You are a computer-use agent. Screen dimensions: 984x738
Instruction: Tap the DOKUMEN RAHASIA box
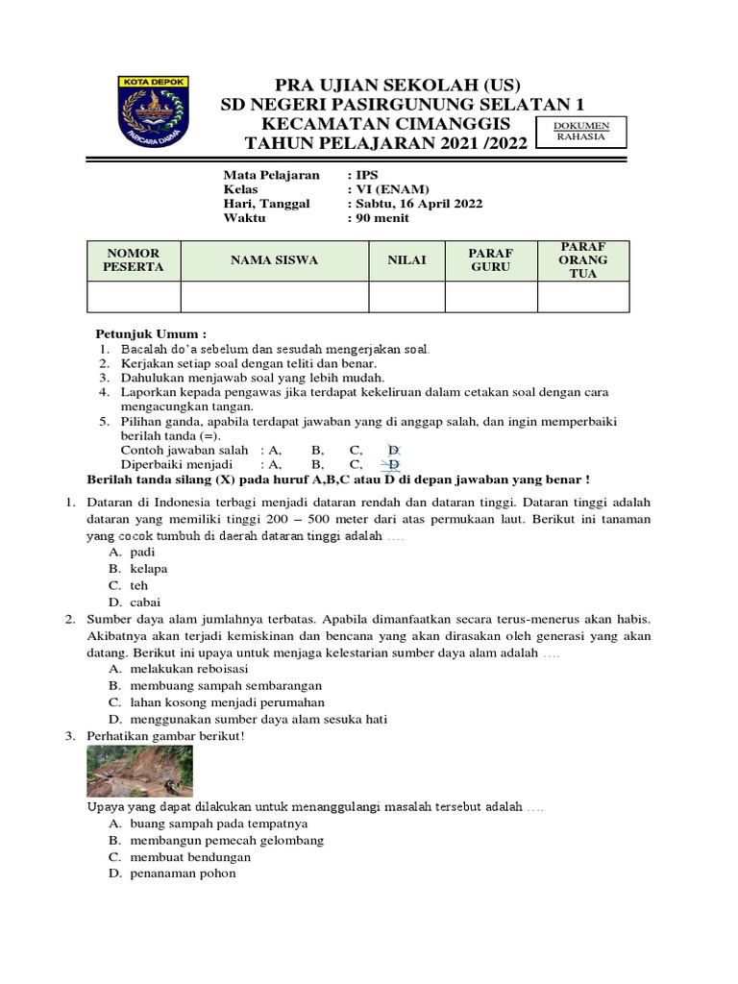(x=578, y=131)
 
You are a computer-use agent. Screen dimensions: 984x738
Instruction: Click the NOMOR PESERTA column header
(x=134, y=259)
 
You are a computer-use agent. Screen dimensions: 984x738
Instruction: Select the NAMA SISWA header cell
(x=274, y=260)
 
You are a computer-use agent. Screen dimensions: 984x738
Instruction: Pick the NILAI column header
(x=406, y=260)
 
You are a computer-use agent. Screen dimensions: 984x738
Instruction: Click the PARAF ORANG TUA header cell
(x=582, y=260)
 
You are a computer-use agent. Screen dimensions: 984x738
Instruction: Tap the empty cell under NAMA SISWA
(x=274, y=297)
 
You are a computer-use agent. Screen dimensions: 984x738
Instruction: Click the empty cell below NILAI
(x=406, y=297)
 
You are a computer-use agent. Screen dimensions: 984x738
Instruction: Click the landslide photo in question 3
(x=139, y=772)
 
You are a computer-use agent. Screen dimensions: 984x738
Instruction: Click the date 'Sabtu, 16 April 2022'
(x=416, y=204)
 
